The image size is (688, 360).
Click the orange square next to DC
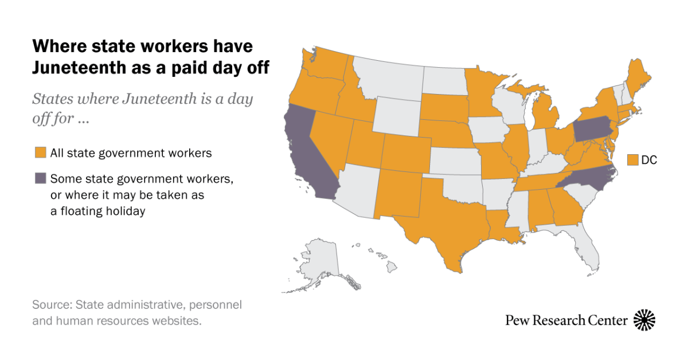click(633, 160)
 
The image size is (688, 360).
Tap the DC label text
click(649, 160)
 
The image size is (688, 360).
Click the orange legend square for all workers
click(40, 153)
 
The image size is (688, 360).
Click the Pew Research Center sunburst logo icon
click(644, 320)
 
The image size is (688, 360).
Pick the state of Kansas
click(456, 161)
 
